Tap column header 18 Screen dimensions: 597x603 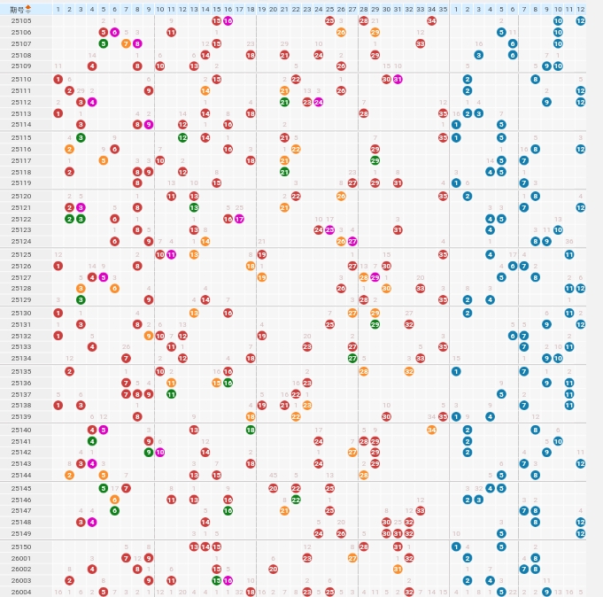pyautogui.click(x=251, y=9)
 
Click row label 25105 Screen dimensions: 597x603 pyautogui.click(x=21, y=20)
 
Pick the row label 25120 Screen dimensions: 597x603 pyautogui.click(x=21, y=196)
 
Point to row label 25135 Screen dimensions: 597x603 pyautogui.click(x=21, y=371)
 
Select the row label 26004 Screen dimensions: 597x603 pyautogui.click(x=21, y=592)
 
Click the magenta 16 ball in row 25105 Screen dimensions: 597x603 pyautogui.click(x=228, y=20)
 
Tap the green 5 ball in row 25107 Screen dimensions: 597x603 pyautogui.click(x=104, y=43)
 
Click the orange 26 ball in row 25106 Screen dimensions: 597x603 pyautogui.click(x=341, y=32)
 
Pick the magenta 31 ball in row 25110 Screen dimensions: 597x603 pyautogui.click(x=398, y=79)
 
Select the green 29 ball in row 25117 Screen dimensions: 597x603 pyautogui.click(x=375, y=160)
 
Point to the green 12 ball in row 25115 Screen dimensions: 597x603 pyautogui.click(x=182, y=137)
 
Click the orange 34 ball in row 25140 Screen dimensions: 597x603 pyautogui.click(x=431, y=430)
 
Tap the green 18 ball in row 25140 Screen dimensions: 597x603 pyautogui.click(x=251, y=430)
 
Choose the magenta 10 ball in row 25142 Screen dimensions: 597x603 pyautogui.click(x=160, y=452)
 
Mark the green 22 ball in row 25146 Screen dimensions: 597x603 pyautogui.click(x=296, y=500)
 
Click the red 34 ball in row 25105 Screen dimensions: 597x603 pyautogui.click(x=431, y=20)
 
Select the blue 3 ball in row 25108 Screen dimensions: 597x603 pyautogui.click(x=478, y=55)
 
